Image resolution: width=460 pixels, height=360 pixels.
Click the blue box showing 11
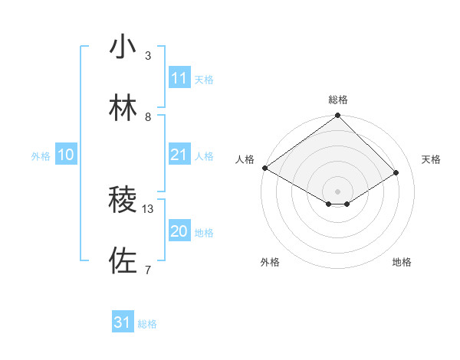click(x=179, y=78)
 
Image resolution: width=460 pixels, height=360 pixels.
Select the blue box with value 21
click(x=179, y=155)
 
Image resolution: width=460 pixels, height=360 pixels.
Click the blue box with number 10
click(x=66, y=155)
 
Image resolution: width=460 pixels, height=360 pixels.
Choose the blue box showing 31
click(x=123, y=322)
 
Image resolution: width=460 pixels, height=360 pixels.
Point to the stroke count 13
click(x=148, y=208)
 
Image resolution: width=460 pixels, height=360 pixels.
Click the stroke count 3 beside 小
click(x=148, y=55)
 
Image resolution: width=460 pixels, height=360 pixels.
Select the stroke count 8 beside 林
click(x=148, y=116)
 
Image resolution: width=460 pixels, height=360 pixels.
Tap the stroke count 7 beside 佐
click(x=148, y=270)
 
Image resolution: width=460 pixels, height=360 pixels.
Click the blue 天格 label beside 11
click(x=204, y=79)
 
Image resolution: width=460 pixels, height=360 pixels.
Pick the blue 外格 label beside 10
click(x=41, y=156)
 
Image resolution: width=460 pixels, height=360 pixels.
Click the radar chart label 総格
click(x=337, y=100)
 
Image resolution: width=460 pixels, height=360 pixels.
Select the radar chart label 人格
click(x=245, y=159)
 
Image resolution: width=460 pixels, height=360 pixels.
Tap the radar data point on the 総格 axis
click(x=337, y=116)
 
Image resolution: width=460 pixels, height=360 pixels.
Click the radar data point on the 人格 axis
click(x=264, y=168)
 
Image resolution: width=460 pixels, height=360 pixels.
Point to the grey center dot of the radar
click(x=337, y=191)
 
